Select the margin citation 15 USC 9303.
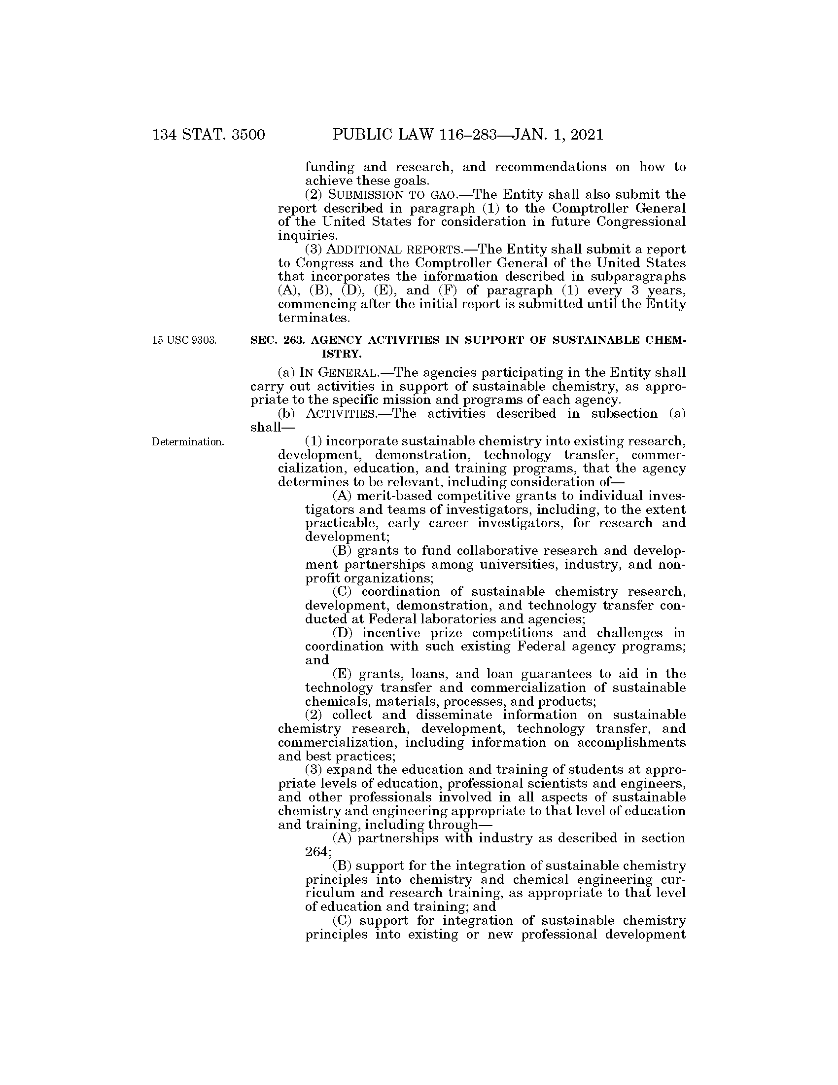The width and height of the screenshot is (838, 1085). click(x=185, y=340)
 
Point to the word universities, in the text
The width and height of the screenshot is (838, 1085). click(x=516, y=565)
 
